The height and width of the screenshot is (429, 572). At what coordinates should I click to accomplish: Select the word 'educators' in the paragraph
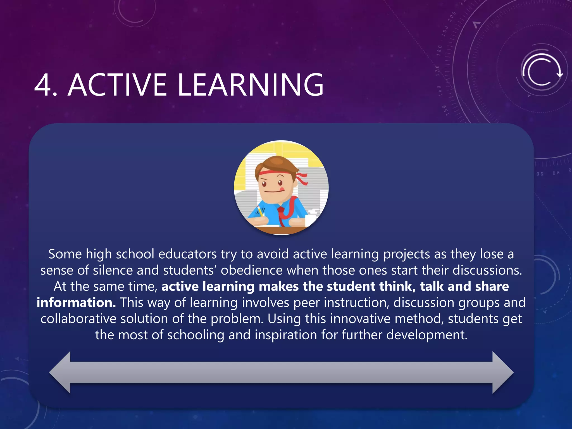point(187,254)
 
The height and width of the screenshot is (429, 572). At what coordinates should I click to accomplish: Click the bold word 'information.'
point(76,303)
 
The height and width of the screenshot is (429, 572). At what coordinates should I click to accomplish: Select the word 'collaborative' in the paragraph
point(78,319)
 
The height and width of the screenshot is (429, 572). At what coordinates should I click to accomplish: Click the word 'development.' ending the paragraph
point(426,335)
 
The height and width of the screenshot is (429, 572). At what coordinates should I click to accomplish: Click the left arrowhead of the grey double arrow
point(60,372)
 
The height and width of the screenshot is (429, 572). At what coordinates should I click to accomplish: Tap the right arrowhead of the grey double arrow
point(502,372)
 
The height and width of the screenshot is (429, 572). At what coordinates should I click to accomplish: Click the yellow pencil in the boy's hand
point(260,211)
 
